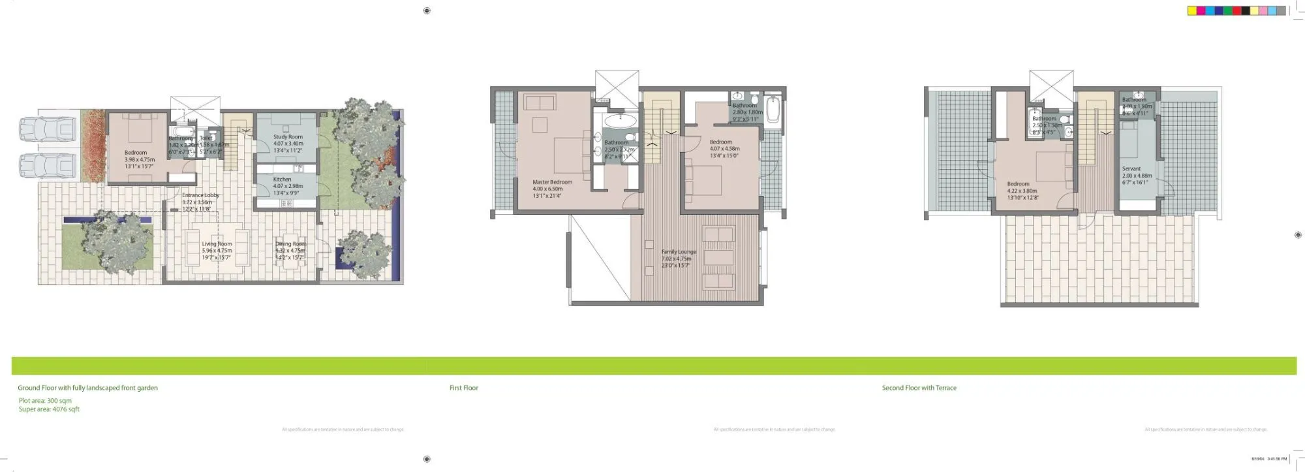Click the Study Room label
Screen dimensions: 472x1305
tap(288, 137)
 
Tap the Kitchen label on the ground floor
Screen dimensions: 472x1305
tap(282, 180)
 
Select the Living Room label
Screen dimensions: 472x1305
tap(217, 244)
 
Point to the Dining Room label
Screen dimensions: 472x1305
tap(290, 244)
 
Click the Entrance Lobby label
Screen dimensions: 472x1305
tap(200, 195)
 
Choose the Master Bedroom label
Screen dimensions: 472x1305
tap(552, 183)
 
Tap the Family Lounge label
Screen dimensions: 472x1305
tap(679, 252)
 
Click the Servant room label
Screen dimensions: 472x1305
tap(1131, 169)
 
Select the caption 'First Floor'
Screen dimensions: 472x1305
tap(464, 388)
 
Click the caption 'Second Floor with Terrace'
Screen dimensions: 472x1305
tap(919, 388)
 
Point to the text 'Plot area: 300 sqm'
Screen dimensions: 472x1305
tap(45, 401)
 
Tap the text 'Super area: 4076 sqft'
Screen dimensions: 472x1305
tap(49, 409)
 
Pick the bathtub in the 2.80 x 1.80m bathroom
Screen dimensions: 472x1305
tap(773, 110)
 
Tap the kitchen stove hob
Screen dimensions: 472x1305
tap(286, 204)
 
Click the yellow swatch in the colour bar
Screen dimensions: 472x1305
tap(1192, 11)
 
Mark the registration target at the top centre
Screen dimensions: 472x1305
tap(427, 10)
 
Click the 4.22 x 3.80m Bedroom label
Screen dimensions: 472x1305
tap(1018, 184)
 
